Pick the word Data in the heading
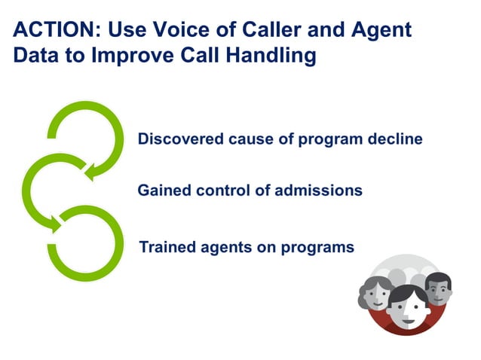(37, 56)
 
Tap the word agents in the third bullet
(222, 248)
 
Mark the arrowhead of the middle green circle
(55, 224)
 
